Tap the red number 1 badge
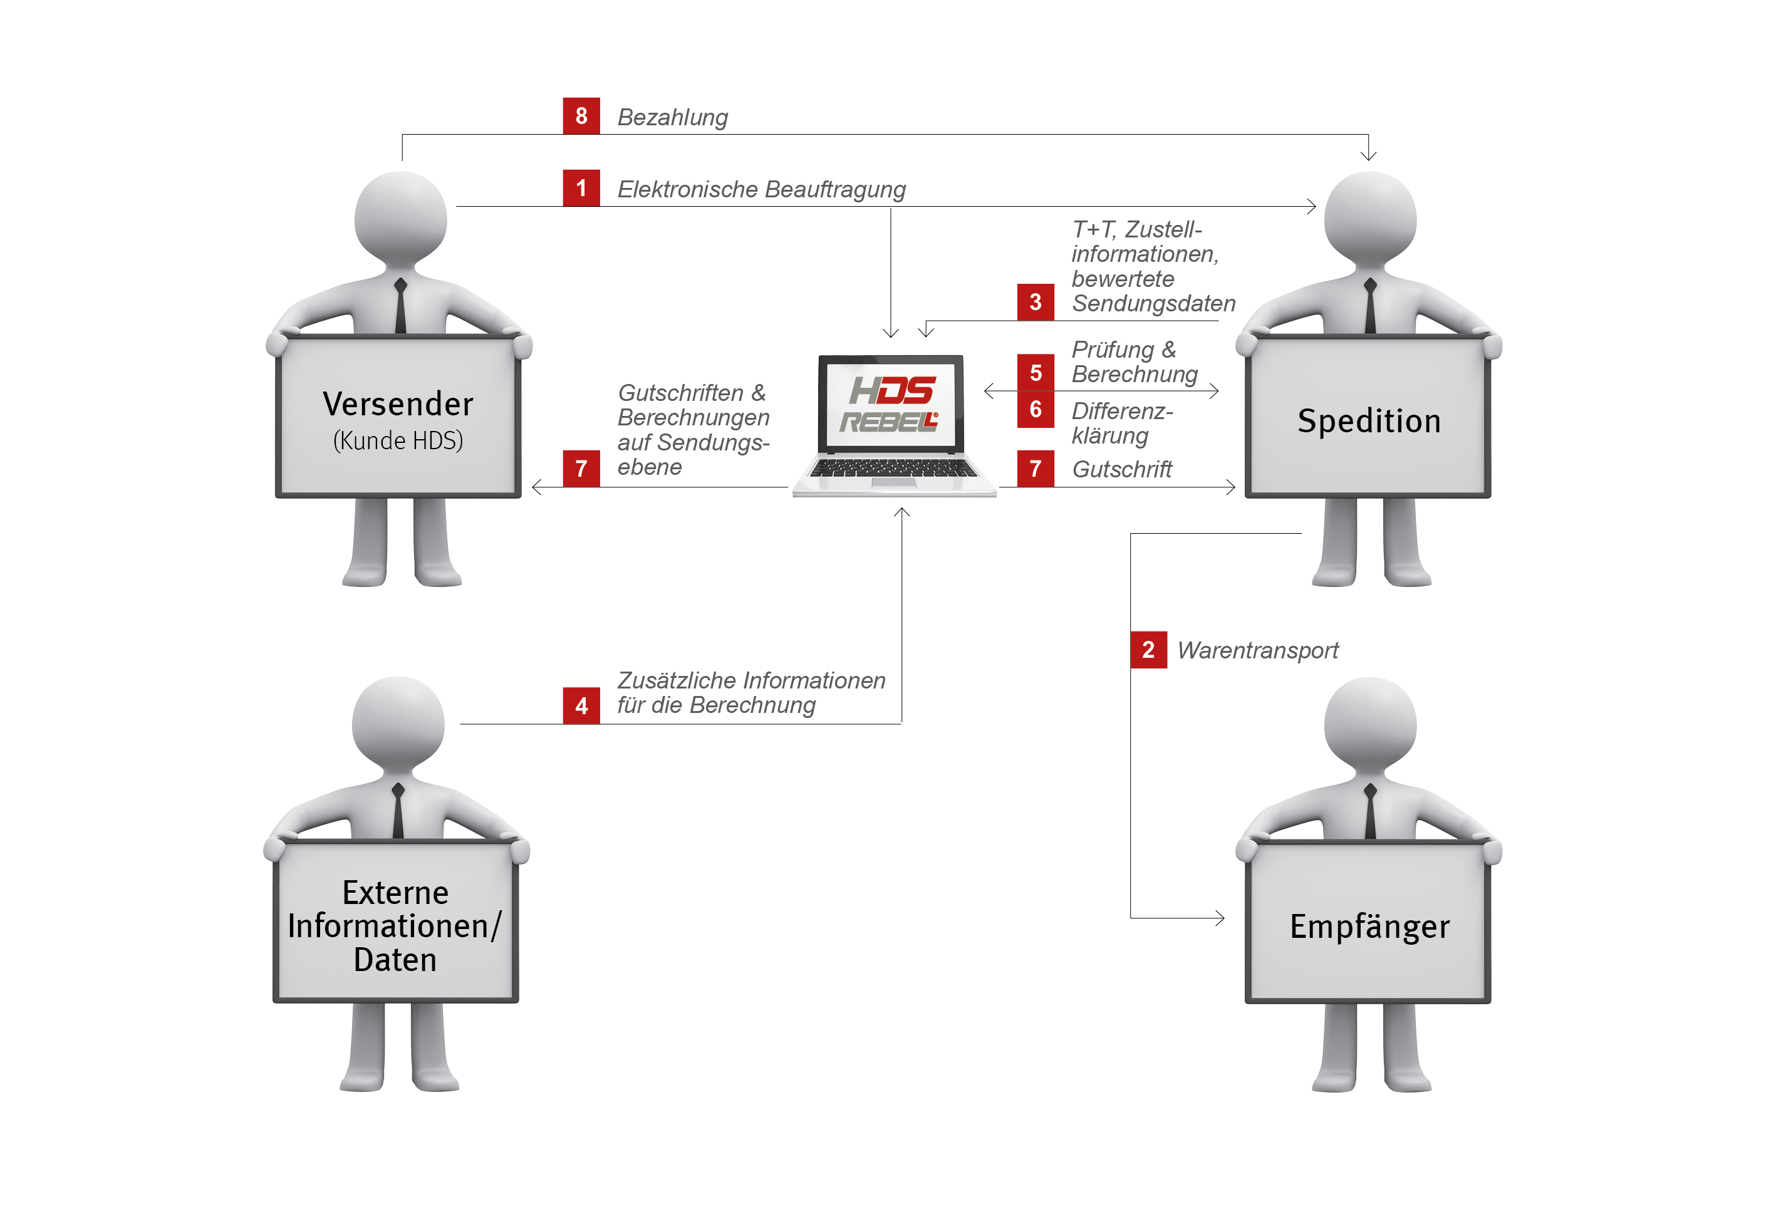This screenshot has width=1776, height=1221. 581,187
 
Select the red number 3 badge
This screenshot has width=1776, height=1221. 1035,301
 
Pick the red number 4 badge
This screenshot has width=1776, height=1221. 581,705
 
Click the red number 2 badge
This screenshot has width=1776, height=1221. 1148,650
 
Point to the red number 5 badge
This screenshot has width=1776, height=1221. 1035,373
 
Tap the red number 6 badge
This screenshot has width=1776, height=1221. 1035,409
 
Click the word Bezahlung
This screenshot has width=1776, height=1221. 672,117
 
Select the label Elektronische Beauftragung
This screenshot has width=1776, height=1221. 761,189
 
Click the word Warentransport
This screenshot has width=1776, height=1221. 1257,650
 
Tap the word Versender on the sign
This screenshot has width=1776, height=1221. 398,404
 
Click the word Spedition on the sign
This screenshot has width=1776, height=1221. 1369,421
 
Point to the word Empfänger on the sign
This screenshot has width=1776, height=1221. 1369,927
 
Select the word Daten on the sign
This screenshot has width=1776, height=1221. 395,959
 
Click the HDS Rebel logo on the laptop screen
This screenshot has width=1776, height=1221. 890,404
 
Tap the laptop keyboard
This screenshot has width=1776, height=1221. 893,467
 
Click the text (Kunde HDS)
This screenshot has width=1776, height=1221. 398,440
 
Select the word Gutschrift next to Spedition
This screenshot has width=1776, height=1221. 1121,469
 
